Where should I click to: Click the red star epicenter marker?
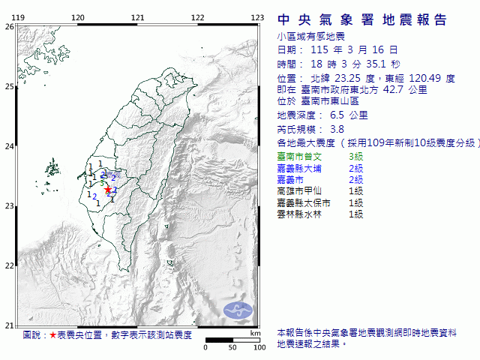click(x=108, y=190)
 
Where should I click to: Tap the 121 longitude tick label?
click(x=137, y=17)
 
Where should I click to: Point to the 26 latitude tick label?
click(x=9, y=26)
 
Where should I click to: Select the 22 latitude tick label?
click(x=9, y=265)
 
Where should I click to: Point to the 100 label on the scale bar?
click(x=259, y=347)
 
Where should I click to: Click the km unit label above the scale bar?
click(x=256, y=332)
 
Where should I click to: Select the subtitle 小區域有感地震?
click(x=306, y=36)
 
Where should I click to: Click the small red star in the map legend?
click(x=52, y=335)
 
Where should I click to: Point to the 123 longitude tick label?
click(x=256, y=17)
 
